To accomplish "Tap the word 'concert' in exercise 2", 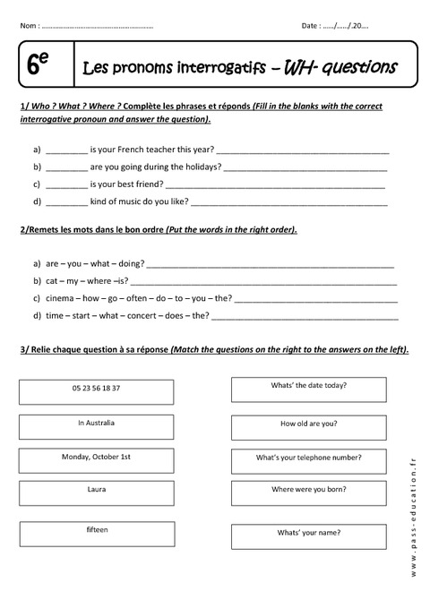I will click(x=143, y=315).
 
